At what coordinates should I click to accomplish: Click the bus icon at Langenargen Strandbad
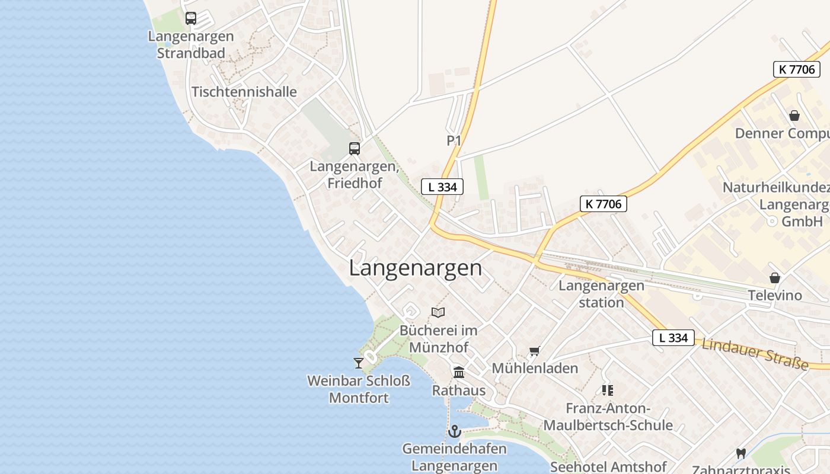click(190, 18)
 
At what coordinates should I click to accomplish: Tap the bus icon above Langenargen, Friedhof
click(355, 149)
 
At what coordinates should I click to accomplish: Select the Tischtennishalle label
click(244, 92)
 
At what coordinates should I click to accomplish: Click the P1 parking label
click(454, 140)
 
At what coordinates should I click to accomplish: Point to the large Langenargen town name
click(415, 268)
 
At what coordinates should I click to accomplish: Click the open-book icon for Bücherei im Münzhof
click(438, 312)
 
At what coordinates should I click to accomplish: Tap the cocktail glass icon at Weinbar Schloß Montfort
click(358, 363)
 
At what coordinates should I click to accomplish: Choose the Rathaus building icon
click(459, 373)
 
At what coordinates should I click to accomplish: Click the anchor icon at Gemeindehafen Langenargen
click(455, 431)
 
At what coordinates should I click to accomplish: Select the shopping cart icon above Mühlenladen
click(534, 351)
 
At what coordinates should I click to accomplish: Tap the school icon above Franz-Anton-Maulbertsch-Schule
click(608, 390)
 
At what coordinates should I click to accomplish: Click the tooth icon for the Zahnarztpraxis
click(740, 454)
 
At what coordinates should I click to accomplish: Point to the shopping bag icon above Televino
click(774, 278)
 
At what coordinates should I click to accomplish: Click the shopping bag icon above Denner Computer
click(794, 116)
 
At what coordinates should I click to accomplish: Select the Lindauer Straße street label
click(755, 354)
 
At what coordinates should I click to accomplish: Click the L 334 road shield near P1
click(442, 187)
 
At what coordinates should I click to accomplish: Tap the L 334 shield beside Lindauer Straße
click(673, 338)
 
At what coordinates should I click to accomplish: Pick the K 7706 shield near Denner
click(797, 69)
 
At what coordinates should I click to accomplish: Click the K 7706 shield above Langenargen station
click(604, 204)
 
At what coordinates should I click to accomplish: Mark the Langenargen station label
click(601, 294)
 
